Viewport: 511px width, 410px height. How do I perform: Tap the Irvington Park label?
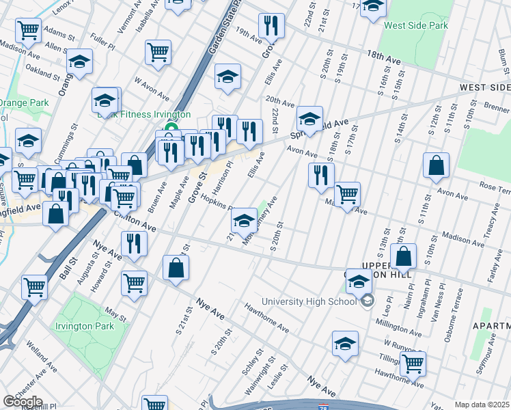pyautogui.click(x=84, y=326)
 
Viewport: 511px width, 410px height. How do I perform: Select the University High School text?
pyautogui.click(x=309, y=301)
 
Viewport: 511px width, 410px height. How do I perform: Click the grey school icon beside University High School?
pyautogui.click(x=368, y=301)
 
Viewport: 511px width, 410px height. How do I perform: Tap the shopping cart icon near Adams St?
pyautogui.click(x=28, y=30)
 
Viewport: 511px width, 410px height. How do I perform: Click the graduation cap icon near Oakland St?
pyautogui.click(x=80, y=62)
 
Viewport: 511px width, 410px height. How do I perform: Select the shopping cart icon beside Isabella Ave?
pyautogui.click(x=158, y=52)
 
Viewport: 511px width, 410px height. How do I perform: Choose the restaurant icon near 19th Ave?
pyautogui.click(x=271, y=26)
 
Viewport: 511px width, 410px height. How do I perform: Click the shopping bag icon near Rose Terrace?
pyautogui.click(x=436, y=166)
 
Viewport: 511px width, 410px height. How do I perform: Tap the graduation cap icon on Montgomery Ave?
pyautogui.click(x=243, y=221)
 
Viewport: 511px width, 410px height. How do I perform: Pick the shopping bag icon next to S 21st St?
pyautogui.click(x=176, y=268)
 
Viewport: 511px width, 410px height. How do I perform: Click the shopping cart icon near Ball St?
pyautogui.click(x=35, y=288)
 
